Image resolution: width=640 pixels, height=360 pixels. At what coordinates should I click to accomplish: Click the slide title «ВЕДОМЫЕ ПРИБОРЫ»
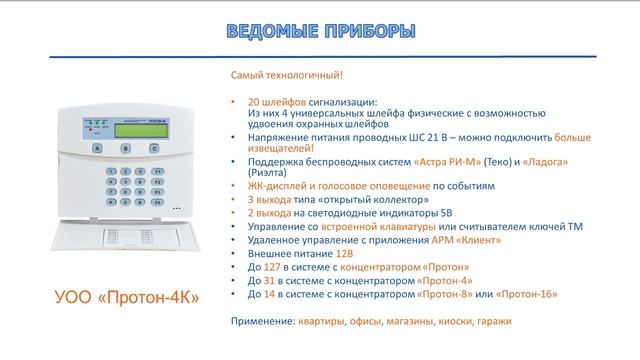tap(318, 30)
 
